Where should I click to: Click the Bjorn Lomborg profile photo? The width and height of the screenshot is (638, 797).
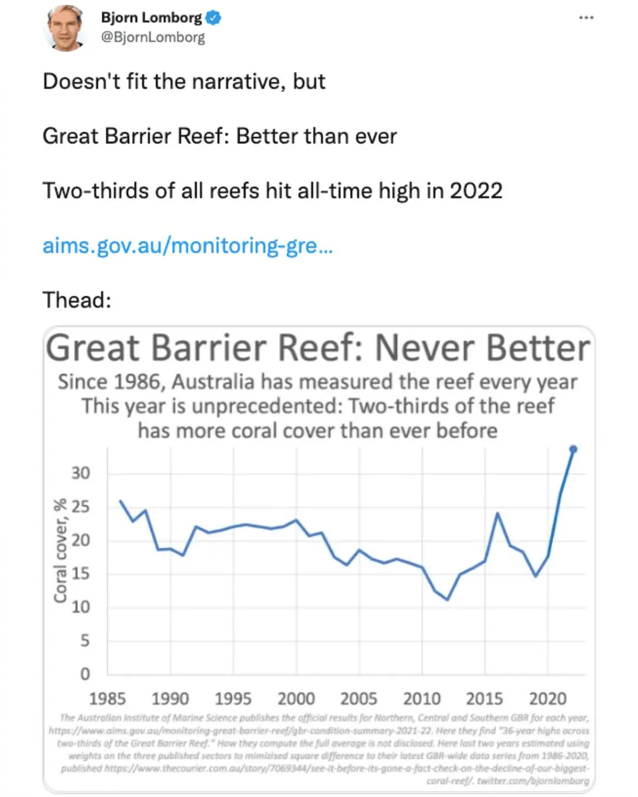coord(65,28)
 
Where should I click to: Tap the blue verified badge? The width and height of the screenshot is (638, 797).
coord(213,18)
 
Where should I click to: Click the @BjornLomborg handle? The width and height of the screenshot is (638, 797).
coord(153,37)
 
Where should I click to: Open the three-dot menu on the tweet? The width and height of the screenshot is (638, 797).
coord(586,18)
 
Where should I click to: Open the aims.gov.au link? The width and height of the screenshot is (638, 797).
coord(187,245)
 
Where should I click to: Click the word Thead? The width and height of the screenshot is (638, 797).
coord(76,300)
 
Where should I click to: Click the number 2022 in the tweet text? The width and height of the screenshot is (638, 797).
coord(476,191)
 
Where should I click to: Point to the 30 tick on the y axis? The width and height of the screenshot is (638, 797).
coord(81,473)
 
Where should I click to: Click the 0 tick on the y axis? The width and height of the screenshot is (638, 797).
coord(85,674)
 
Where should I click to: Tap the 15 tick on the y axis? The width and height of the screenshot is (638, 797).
coord(81,573)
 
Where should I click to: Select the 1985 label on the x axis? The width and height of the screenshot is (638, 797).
coord(108,699)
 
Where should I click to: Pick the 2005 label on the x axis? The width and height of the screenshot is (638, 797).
coord(359,699)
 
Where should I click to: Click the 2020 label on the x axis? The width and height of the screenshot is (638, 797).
coord(548,699)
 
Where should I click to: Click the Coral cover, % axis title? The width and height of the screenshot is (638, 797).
coord(60,551)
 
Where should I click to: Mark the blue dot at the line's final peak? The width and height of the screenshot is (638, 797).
coord(572,450)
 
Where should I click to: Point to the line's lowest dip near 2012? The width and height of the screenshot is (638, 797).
coord(448,600)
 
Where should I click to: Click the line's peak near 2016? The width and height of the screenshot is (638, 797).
coord(498,514)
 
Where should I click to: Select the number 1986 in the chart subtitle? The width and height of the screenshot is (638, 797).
coord(137,382)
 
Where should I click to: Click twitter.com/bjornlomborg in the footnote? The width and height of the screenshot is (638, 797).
coord(533,780)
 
